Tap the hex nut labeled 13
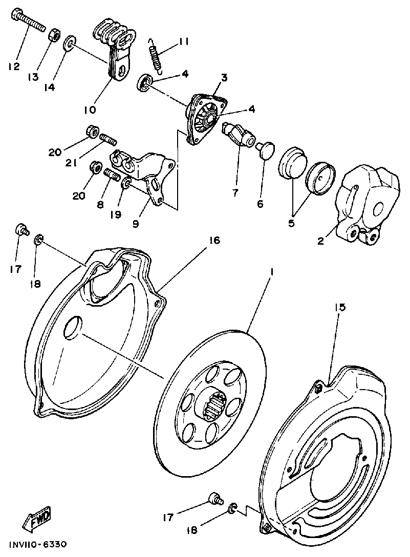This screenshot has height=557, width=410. (54, 35)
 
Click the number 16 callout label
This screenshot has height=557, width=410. (214, 240)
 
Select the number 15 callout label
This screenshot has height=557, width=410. (340, 307)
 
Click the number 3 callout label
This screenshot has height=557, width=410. (224, 77)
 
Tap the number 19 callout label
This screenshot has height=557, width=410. (115, 214)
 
